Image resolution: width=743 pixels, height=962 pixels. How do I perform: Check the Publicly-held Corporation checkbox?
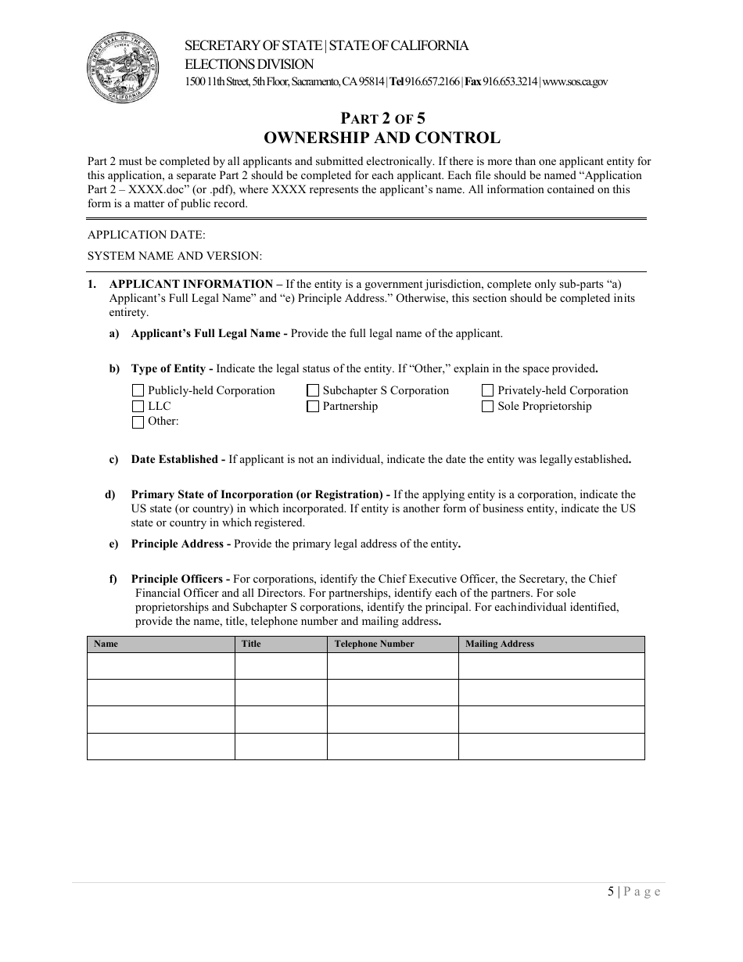[x=138, y=390]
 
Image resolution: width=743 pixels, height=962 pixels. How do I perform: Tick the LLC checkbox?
[x=138, y=406]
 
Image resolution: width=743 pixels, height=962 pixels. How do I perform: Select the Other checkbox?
[x=138, y=422]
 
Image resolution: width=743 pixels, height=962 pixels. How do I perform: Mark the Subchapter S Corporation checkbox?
[x=313, y=390]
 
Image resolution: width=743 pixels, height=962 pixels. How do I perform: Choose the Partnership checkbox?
[x=313, y=406]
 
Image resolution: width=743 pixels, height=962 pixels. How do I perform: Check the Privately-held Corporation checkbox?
[x=488, y=390]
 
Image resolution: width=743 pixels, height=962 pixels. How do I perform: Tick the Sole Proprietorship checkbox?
[x=488, y=406]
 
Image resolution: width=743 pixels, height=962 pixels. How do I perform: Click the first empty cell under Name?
[x=160, y=666]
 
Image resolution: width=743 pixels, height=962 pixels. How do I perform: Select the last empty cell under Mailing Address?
[x=551, y=746]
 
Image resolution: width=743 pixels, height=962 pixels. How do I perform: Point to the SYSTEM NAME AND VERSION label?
[x=174, y=256]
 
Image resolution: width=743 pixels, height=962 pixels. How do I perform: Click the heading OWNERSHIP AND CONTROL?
[x=382, y=138]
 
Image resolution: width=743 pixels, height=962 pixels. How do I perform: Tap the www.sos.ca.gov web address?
[x=575, y=82]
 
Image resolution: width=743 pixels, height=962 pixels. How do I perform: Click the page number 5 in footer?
[x=610, y=892]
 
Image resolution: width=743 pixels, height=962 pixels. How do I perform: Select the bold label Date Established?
[x=177, y=459]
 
